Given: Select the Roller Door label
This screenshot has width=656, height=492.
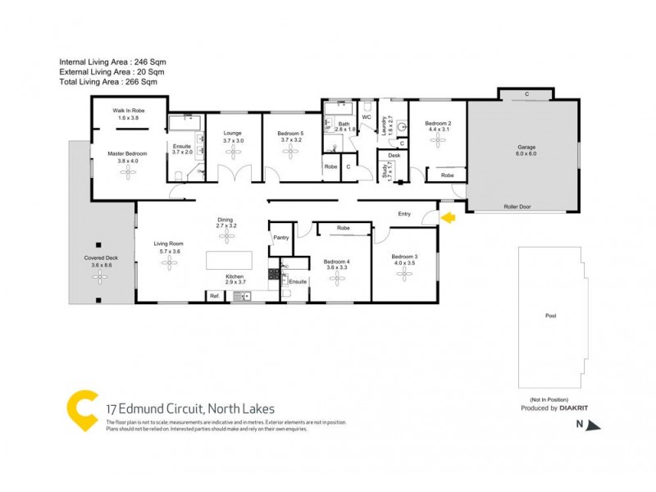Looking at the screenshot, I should pyautogui.click(x=517, y=207).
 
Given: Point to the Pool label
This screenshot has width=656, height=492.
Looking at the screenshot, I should pyautogui.click(x=549, y=315).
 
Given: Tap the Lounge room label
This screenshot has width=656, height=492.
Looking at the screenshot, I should pyautogui.click(x=233, y=132).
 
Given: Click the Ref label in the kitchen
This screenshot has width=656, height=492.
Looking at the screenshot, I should pyautogui.click(x=214, y=295).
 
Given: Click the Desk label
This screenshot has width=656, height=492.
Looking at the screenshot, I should pyautogui.click(x=394, y=155).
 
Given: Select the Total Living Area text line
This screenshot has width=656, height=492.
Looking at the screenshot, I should pyautogui.click(x=108, y=82).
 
